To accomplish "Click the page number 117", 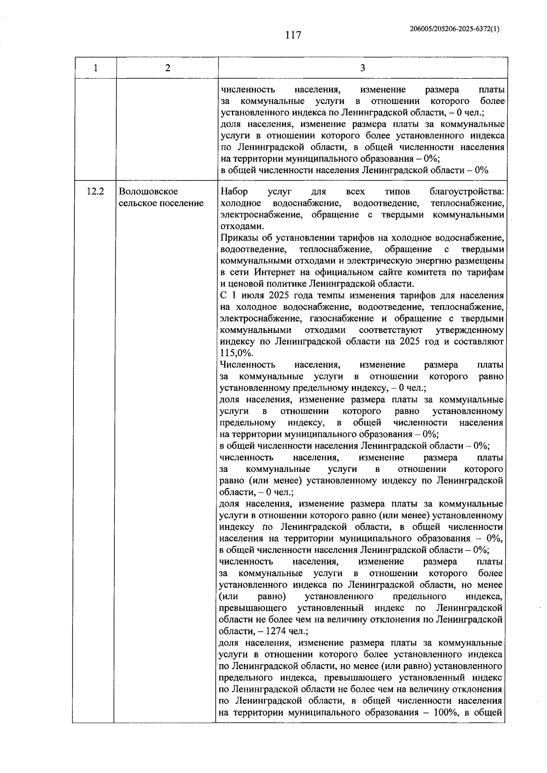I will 293,35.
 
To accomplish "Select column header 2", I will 167,68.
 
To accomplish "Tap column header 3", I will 362,68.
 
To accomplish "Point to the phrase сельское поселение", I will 161,203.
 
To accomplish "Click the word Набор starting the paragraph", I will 233,192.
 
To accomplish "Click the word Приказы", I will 237,238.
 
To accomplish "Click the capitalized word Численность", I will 247,365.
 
